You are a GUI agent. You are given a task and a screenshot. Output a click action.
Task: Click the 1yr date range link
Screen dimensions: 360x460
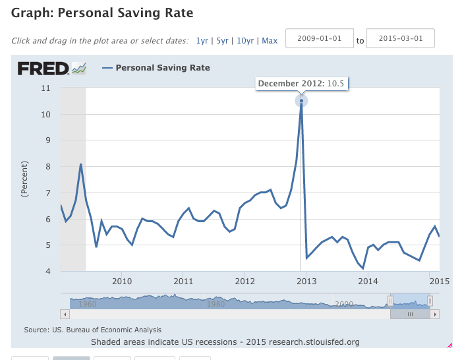tap(202, 41)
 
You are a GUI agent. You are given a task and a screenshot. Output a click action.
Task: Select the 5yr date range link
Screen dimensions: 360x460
tap(221, 41)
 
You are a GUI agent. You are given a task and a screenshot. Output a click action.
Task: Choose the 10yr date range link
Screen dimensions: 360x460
tap(244, 41)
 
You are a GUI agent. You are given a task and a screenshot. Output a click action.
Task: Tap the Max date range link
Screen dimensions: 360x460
tap(270, 41)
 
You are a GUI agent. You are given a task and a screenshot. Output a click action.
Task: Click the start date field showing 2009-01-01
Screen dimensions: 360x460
tap(319, 39)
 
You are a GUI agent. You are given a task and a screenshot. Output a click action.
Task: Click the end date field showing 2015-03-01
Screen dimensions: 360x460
tap(400, 39)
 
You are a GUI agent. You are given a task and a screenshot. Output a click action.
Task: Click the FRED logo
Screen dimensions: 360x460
tap(52, 68)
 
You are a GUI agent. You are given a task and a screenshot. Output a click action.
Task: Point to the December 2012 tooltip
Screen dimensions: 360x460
tap(301, 84)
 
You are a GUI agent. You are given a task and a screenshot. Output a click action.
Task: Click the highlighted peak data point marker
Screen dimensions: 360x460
tap(301, 101)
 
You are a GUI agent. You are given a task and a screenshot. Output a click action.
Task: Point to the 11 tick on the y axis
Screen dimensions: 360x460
tap(46, 88)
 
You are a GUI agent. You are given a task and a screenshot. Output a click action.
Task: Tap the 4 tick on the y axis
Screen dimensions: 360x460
tap(48, 272)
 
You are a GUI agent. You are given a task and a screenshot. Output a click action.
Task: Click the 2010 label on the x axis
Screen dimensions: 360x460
tap(122, 282)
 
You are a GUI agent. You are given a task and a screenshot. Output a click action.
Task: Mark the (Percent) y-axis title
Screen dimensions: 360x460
tap(25, 179)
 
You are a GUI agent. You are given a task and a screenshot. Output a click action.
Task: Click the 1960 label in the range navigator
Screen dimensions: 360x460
tap(88, 304)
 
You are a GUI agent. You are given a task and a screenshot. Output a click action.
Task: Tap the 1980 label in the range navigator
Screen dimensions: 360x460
tap(216, 304)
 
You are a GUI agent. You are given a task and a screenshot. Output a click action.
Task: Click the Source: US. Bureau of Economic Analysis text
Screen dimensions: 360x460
tap(92, 330)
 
